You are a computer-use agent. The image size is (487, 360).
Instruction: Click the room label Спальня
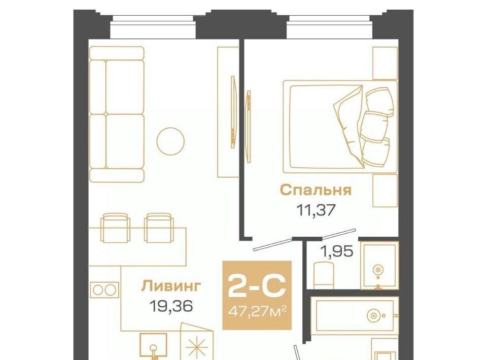(x=316, y=190)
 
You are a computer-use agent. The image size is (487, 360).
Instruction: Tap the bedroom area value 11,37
(x=316, y=210)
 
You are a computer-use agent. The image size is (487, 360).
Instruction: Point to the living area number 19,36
(x=171, y=306)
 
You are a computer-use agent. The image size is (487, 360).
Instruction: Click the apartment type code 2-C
(x=257, y=286)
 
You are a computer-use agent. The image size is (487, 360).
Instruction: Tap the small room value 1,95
(x=337, y=251)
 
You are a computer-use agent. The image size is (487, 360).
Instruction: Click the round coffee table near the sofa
(x=170, y=141)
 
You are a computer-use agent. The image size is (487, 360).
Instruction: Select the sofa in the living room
(x=117, y=114)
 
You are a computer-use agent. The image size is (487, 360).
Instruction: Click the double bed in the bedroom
(x=340, y=127)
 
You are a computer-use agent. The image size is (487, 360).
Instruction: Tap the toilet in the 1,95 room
(x=324, y=275)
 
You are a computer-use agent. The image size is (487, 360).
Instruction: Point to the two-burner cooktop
(x=105, y=290)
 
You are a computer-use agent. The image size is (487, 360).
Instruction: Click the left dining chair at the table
(x=115, y=228)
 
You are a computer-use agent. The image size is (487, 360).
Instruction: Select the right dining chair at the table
(x=158, y=228)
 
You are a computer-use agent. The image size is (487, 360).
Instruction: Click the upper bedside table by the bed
(x=385, y=63)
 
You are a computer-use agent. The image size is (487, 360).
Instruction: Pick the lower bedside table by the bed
(x=385, y=191)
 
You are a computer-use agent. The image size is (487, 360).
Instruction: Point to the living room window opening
(x=153, y=27)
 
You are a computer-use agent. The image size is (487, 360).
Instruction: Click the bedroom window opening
(x=330, y=27)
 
